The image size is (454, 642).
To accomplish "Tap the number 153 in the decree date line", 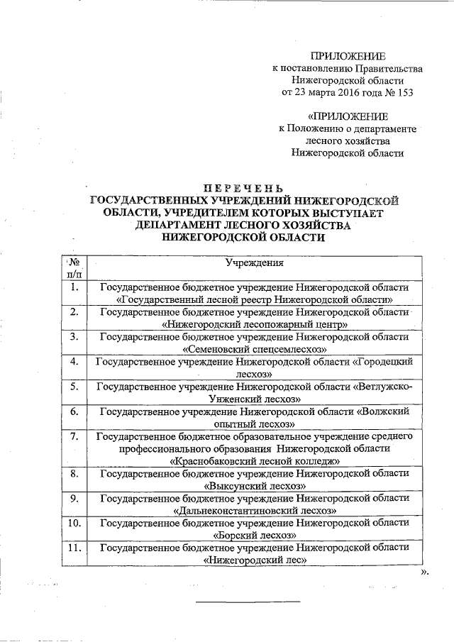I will (x=403, y=92).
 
